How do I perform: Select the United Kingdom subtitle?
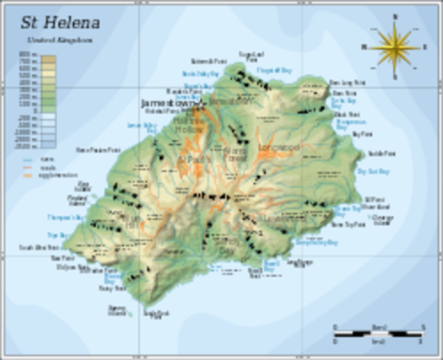[49, 39]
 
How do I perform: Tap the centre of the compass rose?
[394, 46]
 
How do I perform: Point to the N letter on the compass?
[394, 16]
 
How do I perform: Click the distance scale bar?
[379, 331]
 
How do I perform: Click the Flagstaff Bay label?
[274, 70]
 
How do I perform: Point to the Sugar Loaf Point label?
[250, 56]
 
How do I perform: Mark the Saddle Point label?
[382, 153]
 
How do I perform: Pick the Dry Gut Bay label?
[373, 171]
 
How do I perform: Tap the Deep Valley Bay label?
[316, 242]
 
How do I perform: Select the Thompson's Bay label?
[66, 217]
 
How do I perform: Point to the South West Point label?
[39, 247]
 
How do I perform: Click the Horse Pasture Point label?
[98, 150]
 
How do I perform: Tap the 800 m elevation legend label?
[27, 55]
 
